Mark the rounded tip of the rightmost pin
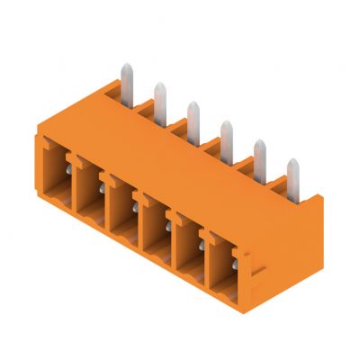click(x=292, y=164)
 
